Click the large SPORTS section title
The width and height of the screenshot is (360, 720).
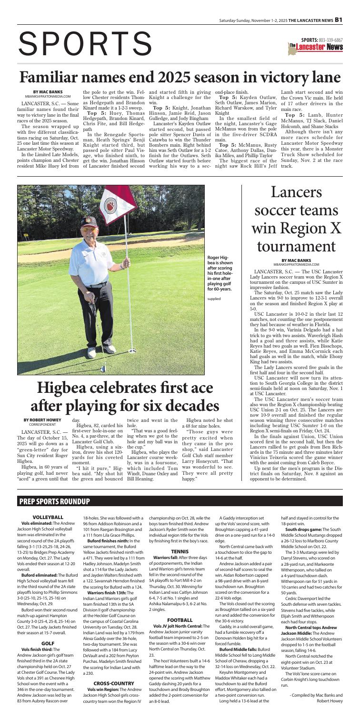[83, 41]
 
